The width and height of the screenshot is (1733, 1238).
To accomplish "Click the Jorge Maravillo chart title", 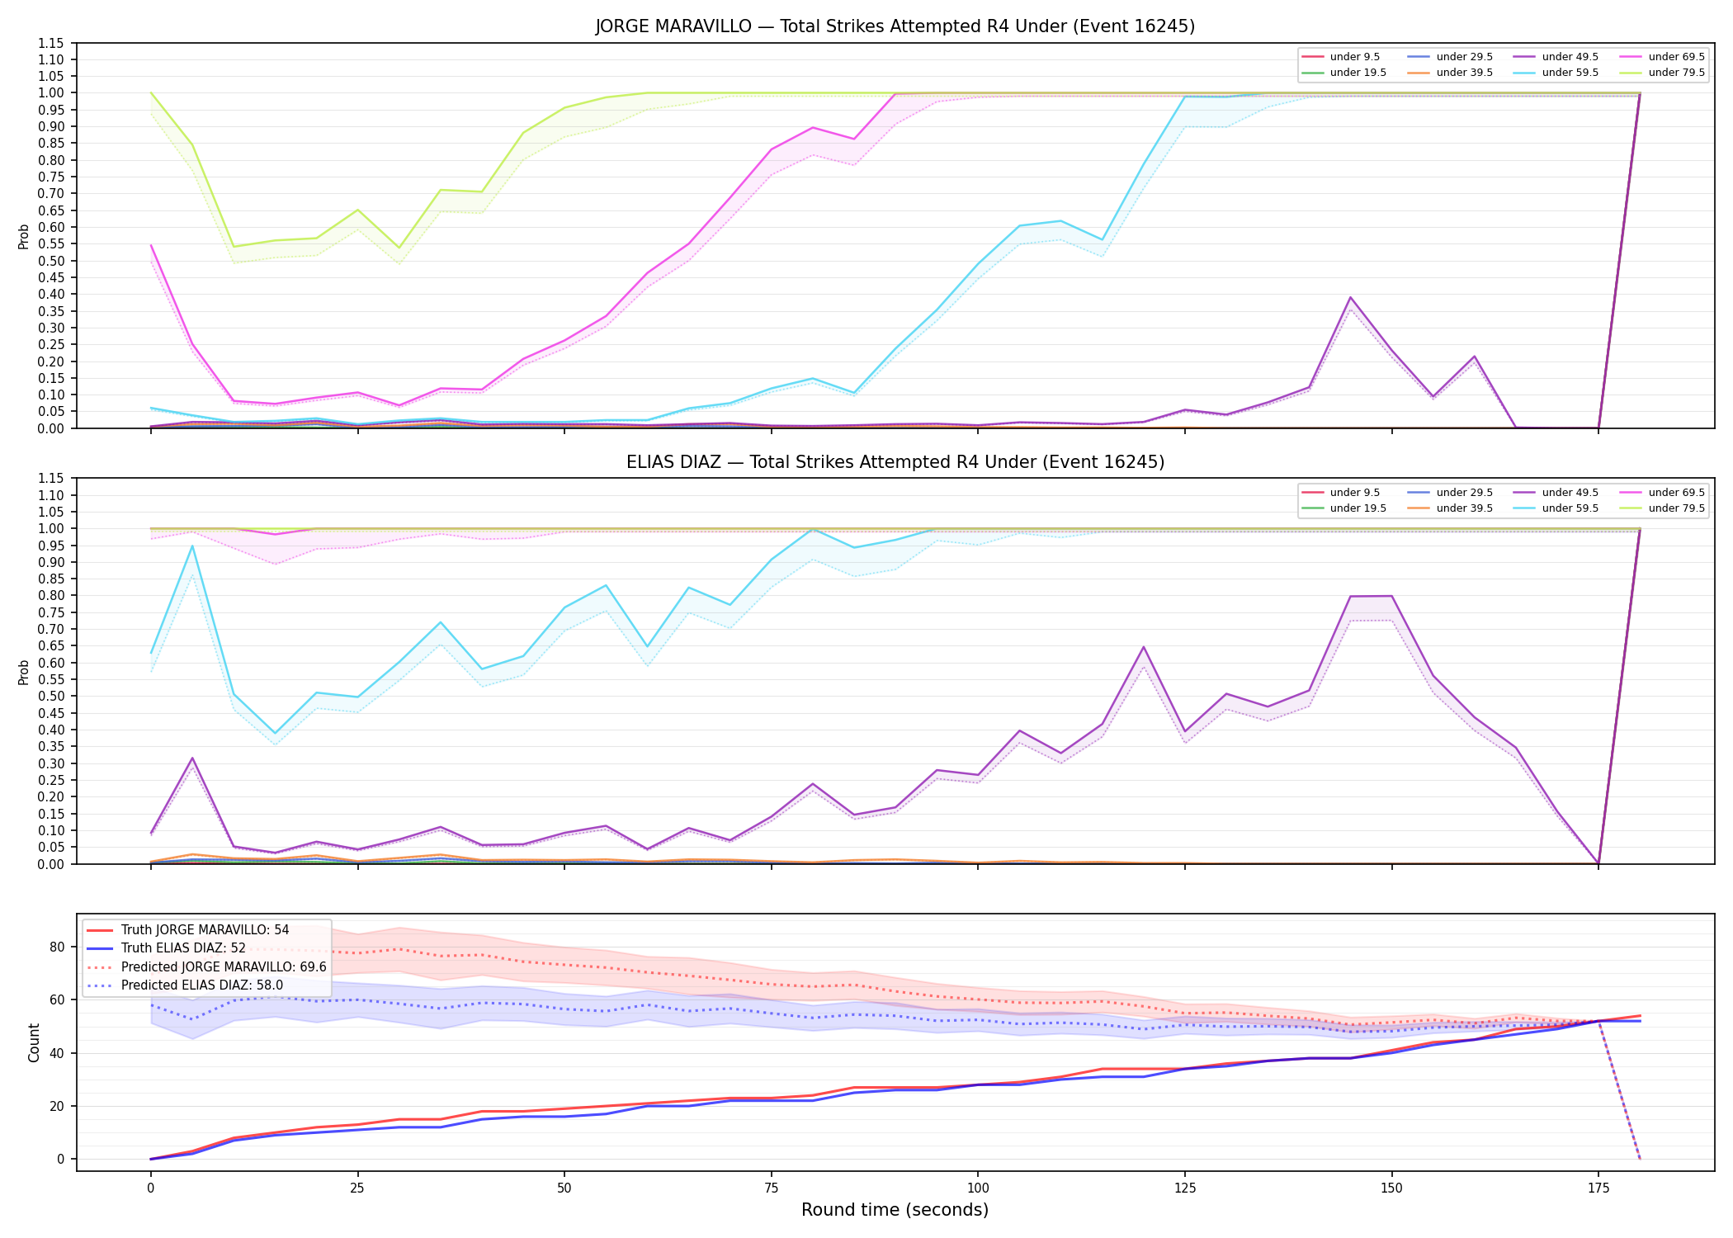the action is click(895, 26).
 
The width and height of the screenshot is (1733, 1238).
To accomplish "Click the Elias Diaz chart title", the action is click(895, 462).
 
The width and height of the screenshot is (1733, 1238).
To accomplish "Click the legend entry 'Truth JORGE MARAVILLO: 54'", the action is click(188, 930).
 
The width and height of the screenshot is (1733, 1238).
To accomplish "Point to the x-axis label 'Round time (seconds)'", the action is click(895, 1210).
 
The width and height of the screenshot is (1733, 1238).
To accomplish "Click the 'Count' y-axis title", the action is click(34, 1042).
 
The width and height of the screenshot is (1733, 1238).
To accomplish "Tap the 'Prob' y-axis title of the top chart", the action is click(24, 236).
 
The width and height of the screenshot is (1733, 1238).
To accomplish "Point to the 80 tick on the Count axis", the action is click(57, 947).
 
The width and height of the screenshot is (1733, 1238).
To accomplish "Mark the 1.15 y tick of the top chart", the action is click(51, 43).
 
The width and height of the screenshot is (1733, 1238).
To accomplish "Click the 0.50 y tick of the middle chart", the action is click(51, 696).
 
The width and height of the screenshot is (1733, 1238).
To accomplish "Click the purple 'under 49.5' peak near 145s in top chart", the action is click(1350, 297).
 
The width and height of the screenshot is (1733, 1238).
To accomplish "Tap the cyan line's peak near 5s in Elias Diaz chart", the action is click(192, 546).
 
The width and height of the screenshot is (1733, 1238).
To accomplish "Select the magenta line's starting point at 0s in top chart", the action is click(151, 245).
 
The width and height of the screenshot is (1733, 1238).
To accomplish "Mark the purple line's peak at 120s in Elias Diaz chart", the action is click(1144, 647).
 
